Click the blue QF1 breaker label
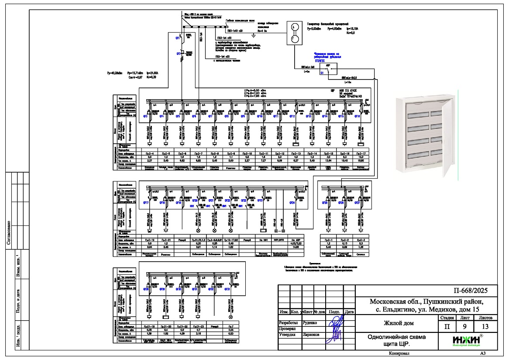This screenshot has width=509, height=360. point(178,38)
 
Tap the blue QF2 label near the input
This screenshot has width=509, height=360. point(178,53)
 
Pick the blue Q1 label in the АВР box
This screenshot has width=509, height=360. point(322,73)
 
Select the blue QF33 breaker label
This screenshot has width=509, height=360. point(227,289)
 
